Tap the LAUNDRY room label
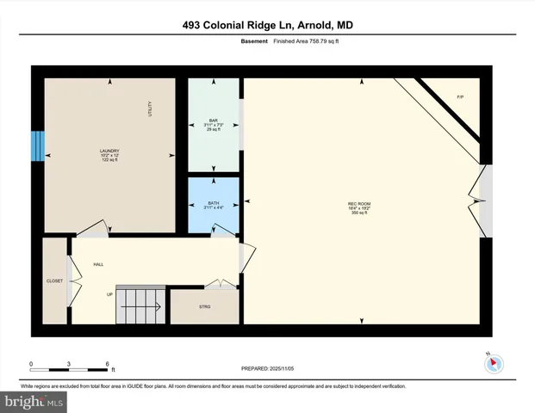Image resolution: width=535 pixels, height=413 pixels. tap(109, 151)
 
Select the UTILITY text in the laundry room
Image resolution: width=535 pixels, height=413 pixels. tap(148, 108)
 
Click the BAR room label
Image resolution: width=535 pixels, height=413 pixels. tap(212, 120)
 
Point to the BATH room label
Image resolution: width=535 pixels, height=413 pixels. tap(212, 203)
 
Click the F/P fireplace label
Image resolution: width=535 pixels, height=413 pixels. tap(460, 97)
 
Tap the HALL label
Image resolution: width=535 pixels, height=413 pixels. tap(98, 264)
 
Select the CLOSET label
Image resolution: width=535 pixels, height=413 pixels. tap(54, 280)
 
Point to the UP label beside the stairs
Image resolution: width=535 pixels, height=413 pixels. tap(109, 294)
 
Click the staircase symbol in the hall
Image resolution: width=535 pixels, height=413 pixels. tap(140, 305)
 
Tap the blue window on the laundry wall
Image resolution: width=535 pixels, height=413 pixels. tap(36, 146)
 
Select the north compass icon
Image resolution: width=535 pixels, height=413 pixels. tap(494, 364)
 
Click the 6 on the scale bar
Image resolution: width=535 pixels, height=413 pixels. tap(107, 364)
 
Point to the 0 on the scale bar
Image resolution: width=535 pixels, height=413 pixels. tap(31, 364)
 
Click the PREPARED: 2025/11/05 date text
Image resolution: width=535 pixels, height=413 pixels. tap(267, 368)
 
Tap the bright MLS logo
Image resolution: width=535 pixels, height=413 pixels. tap(34, 401)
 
